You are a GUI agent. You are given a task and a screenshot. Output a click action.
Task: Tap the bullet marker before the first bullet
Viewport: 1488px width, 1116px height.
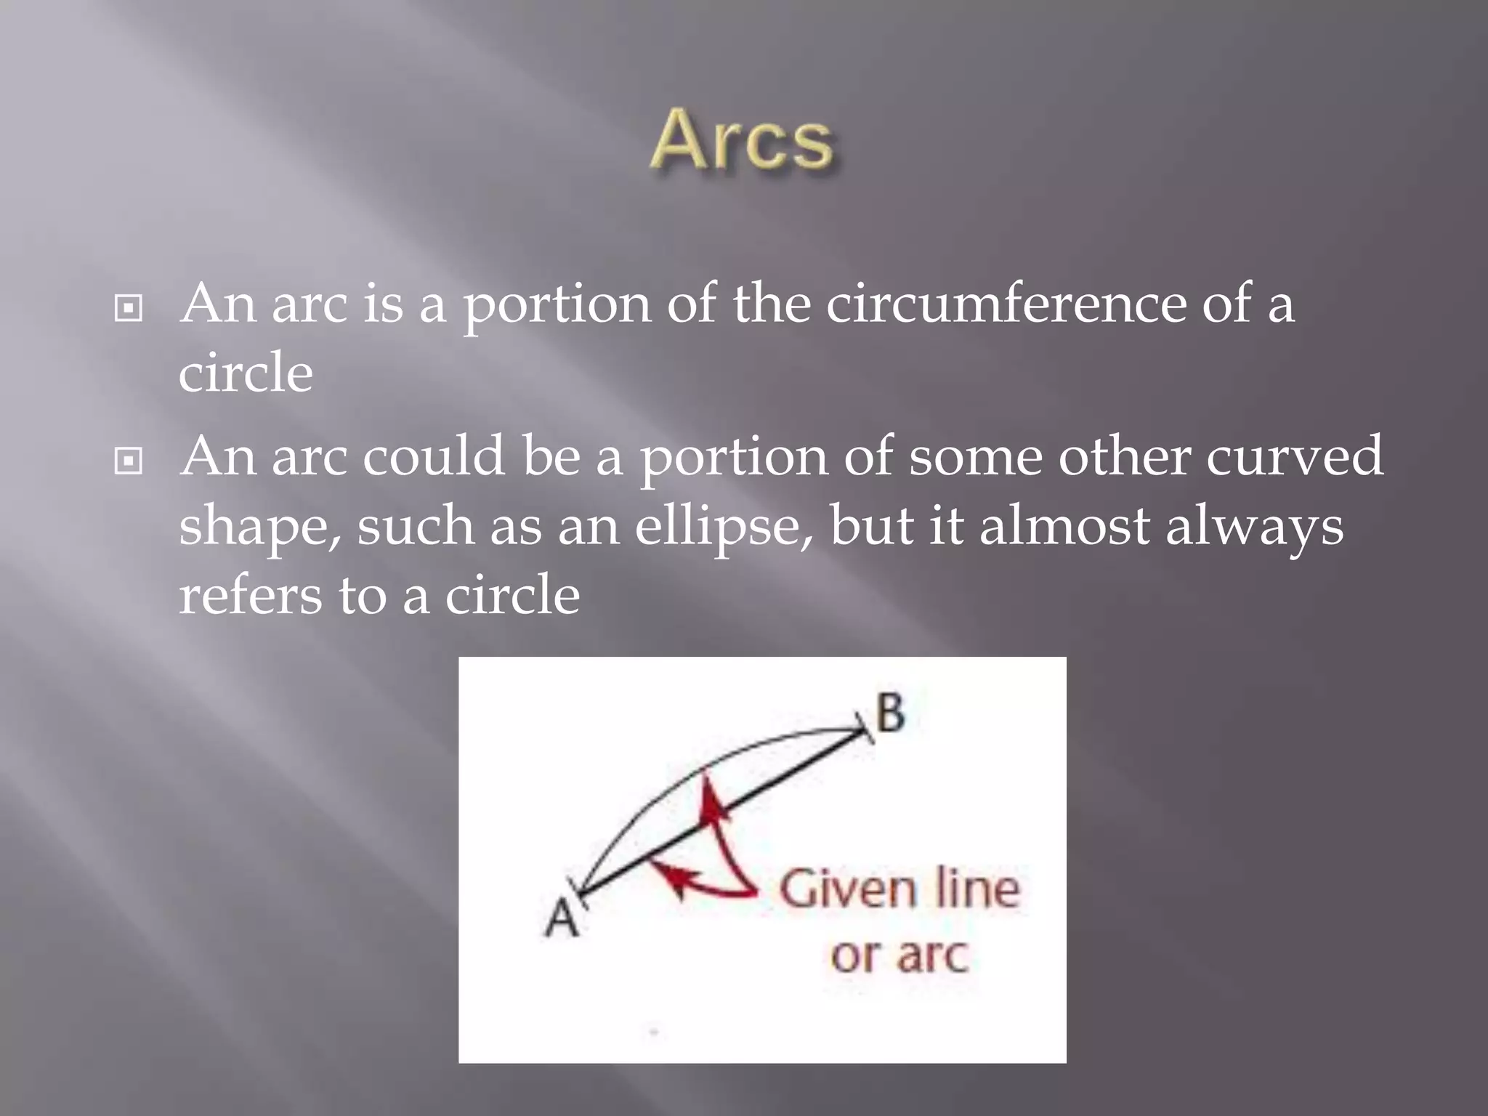click(x=129, y=309)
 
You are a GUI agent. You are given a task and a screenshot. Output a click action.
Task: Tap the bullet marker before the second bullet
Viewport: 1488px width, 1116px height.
click(x=129, y=461)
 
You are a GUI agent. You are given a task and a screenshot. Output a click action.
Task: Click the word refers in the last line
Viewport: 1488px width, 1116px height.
click(x=250, y=595)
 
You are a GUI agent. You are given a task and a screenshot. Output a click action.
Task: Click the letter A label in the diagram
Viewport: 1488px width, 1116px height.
click(x=561, y=918)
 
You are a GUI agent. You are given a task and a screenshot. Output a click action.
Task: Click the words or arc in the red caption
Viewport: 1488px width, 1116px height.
click(x=899, y=955)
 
